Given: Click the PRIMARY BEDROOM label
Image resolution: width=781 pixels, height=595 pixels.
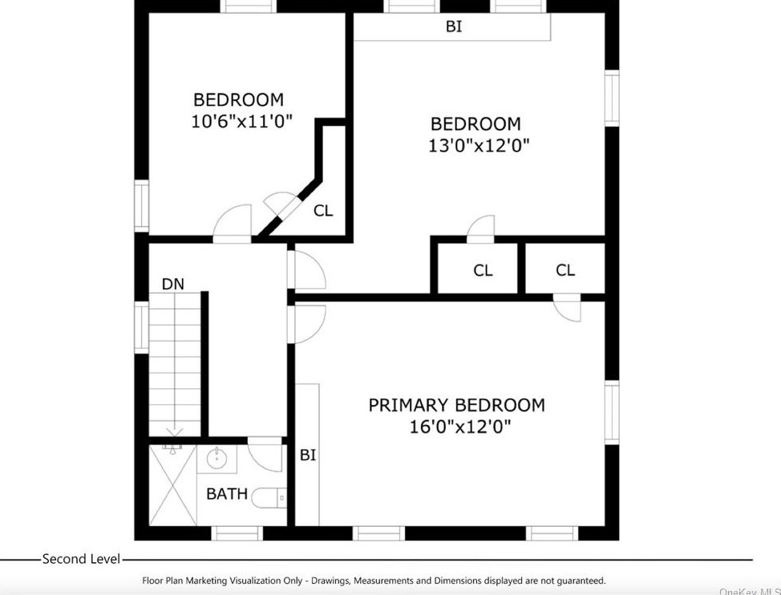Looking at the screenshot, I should tap(456, 406).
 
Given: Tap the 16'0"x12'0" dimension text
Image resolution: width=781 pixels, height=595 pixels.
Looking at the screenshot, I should tap(459, 427).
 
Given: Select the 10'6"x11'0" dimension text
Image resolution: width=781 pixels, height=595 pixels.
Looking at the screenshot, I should tap(241, 122).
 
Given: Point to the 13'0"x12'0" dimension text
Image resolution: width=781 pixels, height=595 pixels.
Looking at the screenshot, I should tap(479, 146).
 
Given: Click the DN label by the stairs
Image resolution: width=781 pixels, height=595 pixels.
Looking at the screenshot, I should tap(172, 284).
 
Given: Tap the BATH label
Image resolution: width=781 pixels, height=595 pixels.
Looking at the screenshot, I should tap(227, 494).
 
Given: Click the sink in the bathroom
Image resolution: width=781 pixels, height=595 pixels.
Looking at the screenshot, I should tap(216, 460).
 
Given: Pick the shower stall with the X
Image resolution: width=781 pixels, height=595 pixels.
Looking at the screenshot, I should tap(173, 485).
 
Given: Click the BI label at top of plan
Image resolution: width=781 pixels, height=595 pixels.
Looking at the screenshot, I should tap(454, 26).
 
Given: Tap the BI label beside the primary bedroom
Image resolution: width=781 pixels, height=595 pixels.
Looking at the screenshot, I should tap(308, 455).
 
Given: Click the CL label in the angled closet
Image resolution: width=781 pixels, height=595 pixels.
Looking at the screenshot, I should tap(323, 211).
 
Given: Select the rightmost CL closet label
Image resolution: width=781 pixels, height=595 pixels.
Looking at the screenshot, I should tap(565, 270).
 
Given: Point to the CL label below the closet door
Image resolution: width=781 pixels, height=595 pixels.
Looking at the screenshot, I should tap(483, 270).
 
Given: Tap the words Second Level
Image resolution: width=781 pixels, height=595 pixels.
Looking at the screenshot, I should tap(81, 559).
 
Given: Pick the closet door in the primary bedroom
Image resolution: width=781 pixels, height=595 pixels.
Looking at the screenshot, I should tap(568, 308).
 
